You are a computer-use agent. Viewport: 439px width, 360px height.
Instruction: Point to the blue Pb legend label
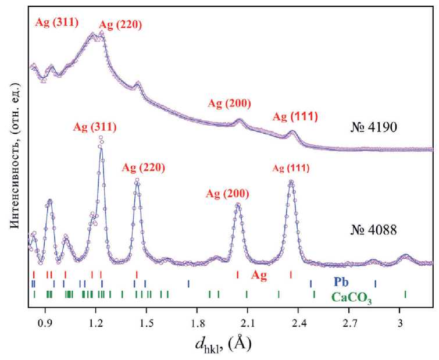(341, 283)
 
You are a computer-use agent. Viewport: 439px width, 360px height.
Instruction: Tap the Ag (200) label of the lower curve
(229, 193)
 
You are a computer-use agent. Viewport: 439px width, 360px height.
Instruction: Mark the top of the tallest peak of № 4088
(101, 138)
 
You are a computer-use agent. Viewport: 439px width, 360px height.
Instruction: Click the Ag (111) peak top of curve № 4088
(291, 182)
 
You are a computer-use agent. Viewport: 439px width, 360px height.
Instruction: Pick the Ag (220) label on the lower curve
(143, 167)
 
